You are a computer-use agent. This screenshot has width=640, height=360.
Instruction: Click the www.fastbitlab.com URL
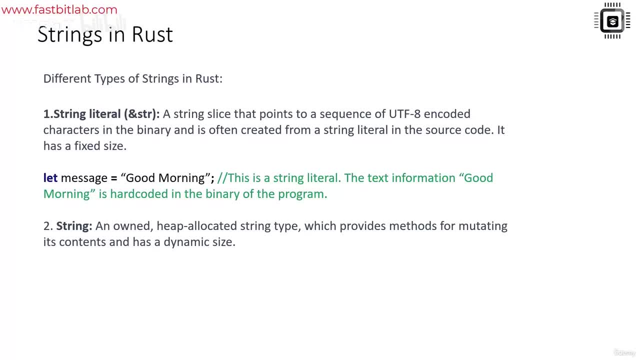[x=59, y=9]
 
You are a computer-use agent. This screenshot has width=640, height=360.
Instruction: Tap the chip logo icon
[x=612, y=20]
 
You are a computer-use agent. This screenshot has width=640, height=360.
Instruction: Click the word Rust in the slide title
[x=152, y=34]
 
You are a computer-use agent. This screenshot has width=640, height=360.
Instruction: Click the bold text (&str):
[x=141, y=114]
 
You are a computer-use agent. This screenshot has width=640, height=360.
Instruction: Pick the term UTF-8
[x=404, y=113]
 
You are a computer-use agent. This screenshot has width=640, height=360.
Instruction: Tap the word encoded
[x=447, y=113]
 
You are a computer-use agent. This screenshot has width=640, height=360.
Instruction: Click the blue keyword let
[x=50, y=177]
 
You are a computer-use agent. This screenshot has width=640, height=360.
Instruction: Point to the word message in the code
[x=84, y=178]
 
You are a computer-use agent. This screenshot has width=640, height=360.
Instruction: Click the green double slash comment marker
[x=222, y=177]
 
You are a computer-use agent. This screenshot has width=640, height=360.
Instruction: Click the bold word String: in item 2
[x=74, y=226]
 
